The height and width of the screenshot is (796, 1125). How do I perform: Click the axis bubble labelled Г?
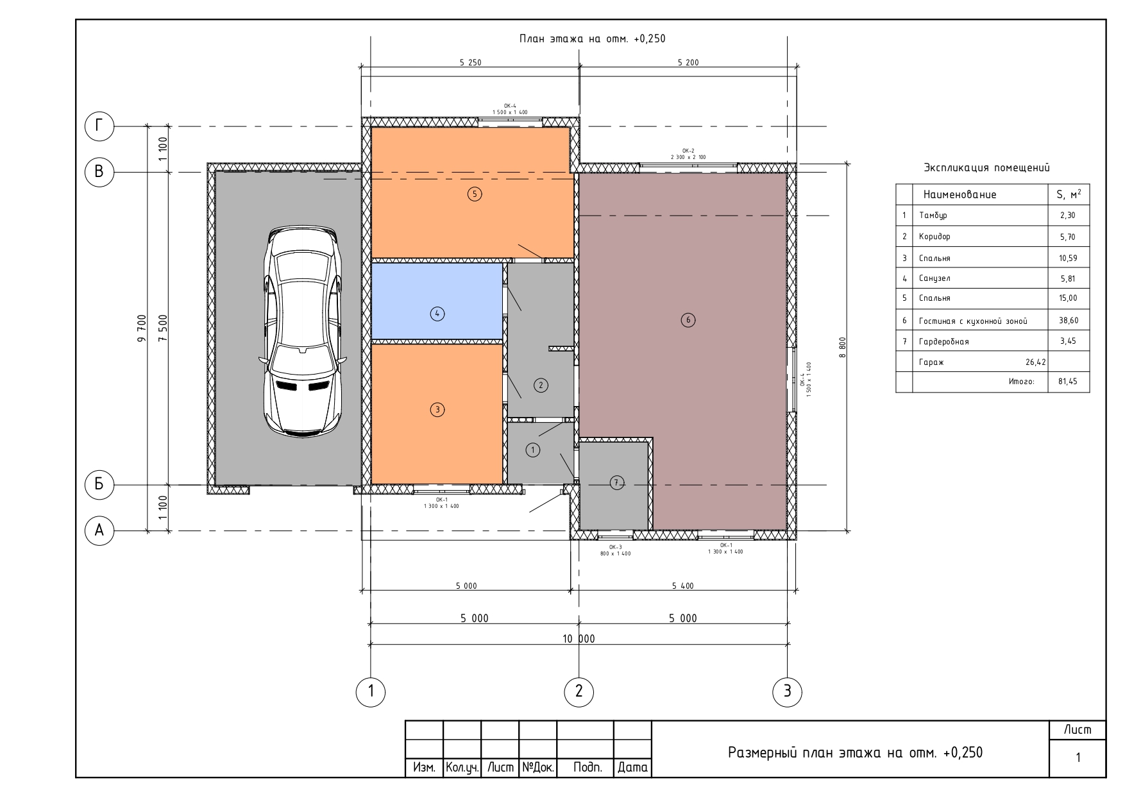99,126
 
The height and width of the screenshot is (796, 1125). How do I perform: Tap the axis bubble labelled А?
99,530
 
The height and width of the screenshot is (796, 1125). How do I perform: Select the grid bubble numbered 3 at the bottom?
787,691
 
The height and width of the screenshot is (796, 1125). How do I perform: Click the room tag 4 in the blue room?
437,314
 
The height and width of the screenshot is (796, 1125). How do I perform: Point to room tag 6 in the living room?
688,320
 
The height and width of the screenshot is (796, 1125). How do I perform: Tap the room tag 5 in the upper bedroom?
475,194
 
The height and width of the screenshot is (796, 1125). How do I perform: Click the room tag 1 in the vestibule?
533,450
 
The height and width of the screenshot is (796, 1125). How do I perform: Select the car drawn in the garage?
301,332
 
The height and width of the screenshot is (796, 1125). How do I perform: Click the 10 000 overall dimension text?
579,638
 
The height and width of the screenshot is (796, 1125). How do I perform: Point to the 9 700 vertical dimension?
142,328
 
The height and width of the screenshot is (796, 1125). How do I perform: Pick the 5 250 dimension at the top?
470,63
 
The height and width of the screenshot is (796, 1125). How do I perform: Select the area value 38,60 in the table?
1068,320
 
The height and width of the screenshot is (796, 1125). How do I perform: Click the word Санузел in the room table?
935,278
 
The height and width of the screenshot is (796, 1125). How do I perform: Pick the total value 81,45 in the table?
1068,381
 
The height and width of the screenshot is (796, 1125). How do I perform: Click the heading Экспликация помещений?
986,168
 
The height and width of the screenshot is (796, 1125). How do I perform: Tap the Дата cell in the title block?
632,767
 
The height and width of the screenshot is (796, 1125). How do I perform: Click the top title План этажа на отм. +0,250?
592,38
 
